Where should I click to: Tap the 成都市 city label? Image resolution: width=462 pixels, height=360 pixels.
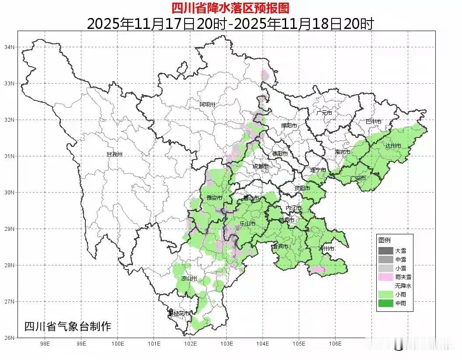click(x=261, y=166)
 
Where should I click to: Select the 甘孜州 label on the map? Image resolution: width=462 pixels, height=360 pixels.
click(x=115, y=155)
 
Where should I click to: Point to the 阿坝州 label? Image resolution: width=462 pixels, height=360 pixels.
click(x=208, y=104)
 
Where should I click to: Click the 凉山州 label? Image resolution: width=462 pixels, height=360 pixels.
click(x=190, y=279)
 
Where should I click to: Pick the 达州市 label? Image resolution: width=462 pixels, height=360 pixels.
click(x=393, y=146)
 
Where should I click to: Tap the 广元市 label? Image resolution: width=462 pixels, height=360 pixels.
click(x=324, y=113)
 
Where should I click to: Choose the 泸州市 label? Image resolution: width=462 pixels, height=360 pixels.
click(x=326, y=249)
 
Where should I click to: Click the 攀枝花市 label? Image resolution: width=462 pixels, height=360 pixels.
click(x=179, y=314)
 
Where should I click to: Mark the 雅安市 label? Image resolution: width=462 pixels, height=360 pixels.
click(x=214, y=198)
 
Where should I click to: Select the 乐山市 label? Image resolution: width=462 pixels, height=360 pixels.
click(x=248, y=224)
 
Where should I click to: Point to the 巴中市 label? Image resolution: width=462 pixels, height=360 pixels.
click(x=374, y=122)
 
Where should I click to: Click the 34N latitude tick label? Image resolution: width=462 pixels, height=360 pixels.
click(x=9, y=47)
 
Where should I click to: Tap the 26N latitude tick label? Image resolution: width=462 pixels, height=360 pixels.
click(x=9, y=338)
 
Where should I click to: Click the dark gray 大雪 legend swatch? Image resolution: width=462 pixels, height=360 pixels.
click(x=385, y=251)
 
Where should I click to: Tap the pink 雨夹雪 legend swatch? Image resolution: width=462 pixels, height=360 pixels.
click(x=385, y=277)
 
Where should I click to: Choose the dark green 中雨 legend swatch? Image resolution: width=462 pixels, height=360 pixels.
click(x=385, y=303)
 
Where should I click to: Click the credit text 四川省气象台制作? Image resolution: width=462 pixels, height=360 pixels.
click(x=68, y=326)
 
